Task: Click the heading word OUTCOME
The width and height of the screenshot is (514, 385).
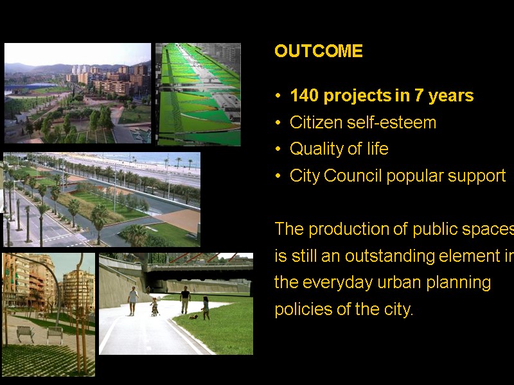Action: click(318, 51)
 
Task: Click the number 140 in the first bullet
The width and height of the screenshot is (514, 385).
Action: click(304, 96)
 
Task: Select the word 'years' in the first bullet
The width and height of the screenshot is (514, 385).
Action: click(451, 96)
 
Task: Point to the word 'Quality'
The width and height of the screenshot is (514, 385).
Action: click(314, 149)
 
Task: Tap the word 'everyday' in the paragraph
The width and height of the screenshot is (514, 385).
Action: click(336, 282)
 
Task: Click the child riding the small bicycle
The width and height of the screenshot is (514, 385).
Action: click(154, 307)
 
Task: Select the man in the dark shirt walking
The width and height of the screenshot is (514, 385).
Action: click(185, 300)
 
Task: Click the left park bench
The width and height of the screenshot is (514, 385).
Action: click(26, 333)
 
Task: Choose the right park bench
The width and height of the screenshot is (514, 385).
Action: click(55, 334)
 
